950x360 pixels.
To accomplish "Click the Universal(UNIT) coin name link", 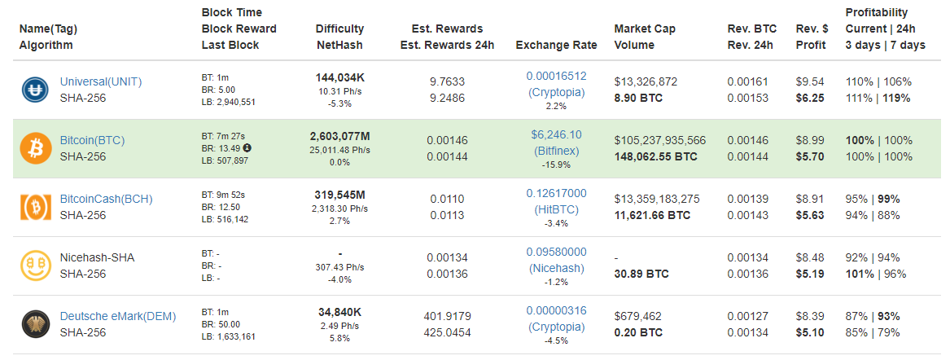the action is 101,81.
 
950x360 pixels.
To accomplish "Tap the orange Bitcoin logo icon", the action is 34,148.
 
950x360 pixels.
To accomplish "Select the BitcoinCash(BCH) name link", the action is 106,200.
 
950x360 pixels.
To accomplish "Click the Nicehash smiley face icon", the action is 34,266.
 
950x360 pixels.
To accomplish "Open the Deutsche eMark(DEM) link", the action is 117,316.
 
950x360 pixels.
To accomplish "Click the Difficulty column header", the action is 340,29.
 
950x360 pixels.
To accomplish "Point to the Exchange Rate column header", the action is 556,45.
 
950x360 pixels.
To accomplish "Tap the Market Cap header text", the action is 645,29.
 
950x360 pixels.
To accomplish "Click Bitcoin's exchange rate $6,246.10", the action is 556,134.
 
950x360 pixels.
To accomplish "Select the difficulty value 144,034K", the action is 340,77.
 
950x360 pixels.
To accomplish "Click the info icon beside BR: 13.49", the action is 247,148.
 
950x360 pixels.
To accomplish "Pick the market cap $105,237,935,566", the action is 659,141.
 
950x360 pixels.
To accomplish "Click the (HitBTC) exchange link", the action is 556,209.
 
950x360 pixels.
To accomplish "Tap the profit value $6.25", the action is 810,99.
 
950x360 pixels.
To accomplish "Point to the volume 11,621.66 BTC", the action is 652,215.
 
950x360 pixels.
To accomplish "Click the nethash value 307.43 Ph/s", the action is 340,267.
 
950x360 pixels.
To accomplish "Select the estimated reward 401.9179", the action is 447,316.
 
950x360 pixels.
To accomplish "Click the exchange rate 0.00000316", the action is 556,311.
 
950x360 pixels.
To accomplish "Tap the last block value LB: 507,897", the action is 225,161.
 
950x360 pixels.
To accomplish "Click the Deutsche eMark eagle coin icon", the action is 34,324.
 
